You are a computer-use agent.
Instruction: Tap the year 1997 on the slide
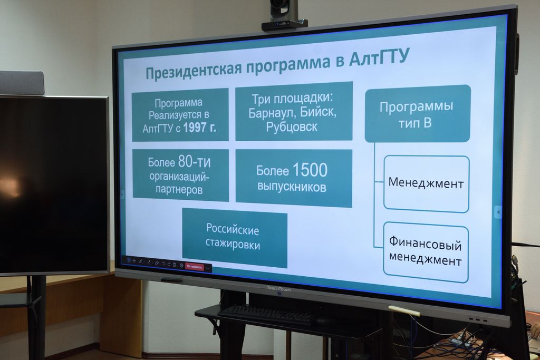[x=195, y=128]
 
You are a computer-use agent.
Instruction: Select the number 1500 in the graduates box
[x=310, y=170]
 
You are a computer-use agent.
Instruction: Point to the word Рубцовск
[x=292, y=127]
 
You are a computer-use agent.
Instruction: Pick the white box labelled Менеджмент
[x=426, y=184]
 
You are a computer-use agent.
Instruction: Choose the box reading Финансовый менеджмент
[x=426, y=252]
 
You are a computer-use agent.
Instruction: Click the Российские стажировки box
[x=235, y=238]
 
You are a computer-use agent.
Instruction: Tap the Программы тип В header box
[x=418, y=113]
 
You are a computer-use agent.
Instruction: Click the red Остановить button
[x=195, y=266]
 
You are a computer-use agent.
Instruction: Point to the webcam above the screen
[x=284, y=15]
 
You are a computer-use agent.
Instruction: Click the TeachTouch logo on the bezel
[x=279, y=289]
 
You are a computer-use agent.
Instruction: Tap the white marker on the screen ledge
[x=404, y=310]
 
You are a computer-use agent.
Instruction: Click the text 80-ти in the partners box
[x=194, y=162]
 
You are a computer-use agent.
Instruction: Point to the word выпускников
[x=292, y=187]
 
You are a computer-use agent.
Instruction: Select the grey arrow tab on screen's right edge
[x=498, y=212]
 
